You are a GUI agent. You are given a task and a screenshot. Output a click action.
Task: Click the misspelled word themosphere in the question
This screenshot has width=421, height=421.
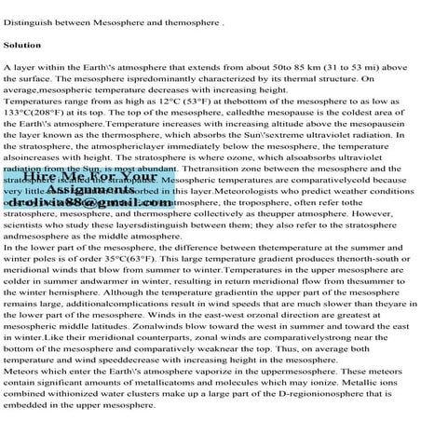[183, 13]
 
